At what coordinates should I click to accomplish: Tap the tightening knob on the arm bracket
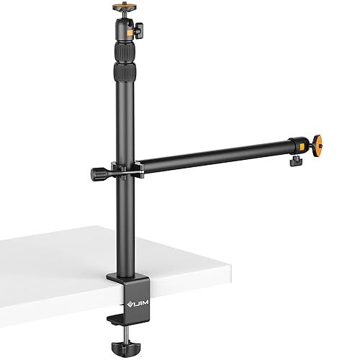pyautogui.click(x=97, y=174)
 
